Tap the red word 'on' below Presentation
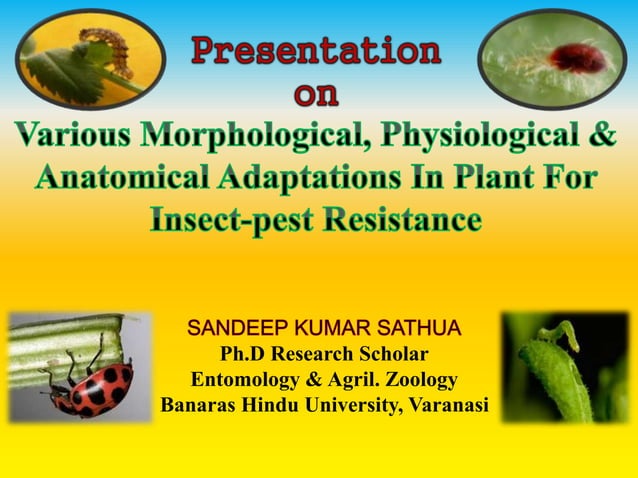(316, 96)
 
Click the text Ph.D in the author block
(244, 355)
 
